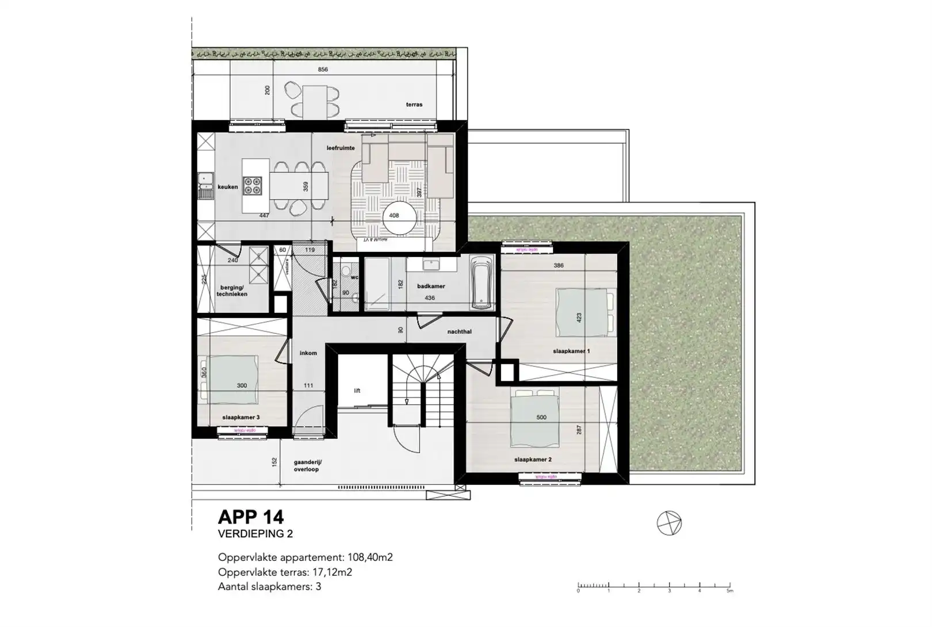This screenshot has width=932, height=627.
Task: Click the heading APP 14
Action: (251, 517)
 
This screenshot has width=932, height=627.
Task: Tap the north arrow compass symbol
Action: (669, 524)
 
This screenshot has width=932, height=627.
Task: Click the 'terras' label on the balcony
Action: (414, 105)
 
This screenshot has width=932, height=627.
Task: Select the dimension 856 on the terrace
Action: (323, 70)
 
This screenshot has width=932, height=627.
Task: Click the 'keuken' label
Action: (227, 187)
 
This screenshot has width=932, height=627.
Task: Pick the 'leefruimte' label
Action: (341, 148)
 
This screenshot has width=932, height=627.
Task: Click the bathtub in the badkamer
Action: (481, 282)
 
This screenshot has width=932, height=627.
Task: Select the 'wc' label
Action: (354, 277)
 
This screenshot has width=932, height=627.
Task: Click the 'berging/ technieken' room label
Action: (232, 290)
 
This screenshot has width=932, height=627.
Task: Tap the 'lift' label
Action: (357, 391)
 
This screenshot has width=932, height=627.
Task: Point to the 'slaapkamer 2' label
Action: (533, 460)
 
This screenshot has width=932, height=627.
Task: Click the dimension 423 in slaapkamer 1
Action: (579, 317)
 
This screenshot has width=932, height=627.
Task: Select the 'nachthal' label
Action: (459, 332)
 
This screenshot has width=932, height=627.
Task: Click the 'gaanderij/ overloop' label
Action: (308, 465)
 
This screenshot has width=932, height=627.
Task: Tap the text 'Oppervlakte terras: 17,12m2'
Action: (285, 572)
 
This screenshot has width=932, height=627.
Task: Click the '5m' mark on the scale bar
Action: (729, 591)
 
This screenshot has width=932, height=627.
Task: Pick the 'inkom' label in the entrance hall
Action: (308, 353)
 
